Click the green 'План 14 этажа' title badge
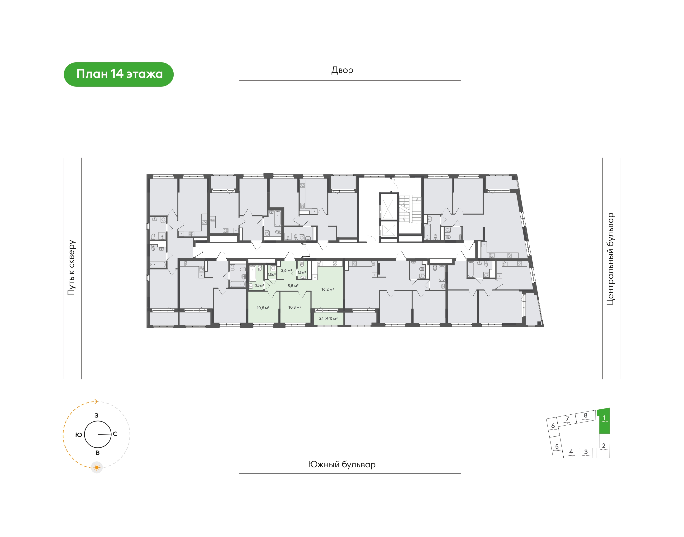[x=119, y=75]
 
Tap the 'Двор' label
[x=342, y=70]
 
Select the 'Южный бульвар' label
[x=342, y=464]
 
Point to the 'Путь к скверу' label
[x=72, y=268]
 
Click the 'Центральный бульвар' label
[x=610, y=259]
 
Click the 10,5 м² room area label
[x=263, y=308]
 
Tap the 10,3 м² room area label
[x=295, y=307]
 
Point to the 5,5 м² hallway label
[x=293, y=286]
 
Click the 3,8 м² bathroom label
[x=259, y=285]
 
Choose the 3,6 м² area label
[x=286, y=270]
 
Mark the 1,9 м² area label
[x=302, y=273]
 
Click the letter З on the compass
[x=96, y=416]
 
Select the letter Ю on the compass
[x=79, y=435]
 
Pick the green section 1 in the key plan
[x=603, y=421]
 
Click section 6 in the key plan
[x=553, y=427]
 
